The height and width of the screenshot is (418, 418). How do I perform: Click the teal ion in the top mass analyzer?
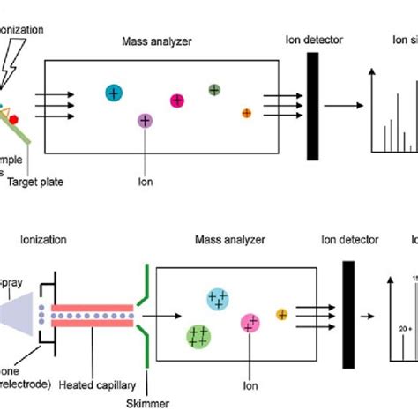click(x=113, y=93)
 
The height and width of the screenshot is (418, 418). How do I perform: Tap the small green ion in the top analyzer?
click(x=214, y=89)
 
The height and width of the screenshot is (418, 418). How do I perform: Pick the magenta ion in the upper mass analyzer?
click(x=176, y=101)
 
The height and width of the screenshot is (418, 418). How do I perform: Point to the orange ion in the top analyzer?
click(x=246, y=113)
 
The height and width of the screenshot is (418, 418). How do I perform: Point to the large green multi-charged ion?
click(x=198, y=335)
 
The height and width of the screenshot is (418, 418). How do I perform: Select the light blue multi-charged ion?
click(x=216, y=301)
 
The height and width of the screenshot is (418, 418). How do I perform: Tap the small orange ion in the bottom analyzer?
click(x=282, y=314)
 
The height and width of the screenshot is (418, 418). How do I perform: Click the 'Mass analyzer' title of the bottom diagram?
click(x=228, y=239)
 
